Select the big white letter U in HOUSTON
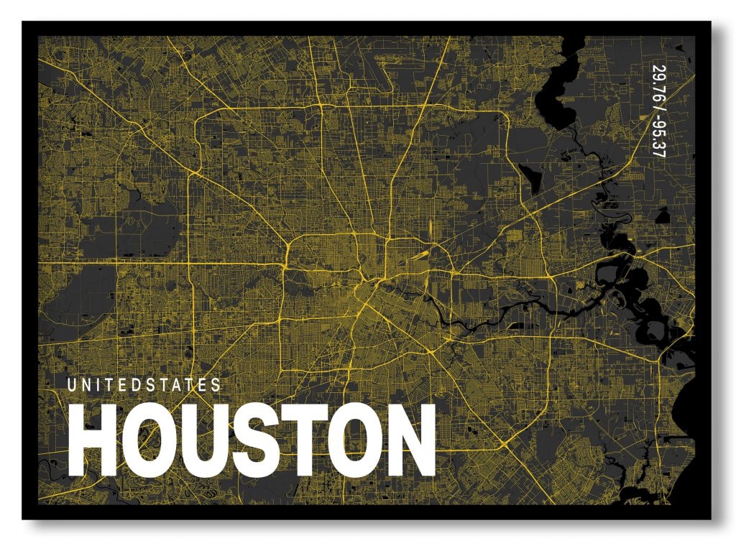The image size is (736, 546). pos(204,440)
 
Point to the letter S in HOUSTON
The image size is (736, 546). pos(255,440)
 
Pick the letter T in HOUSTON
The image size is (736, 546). pos(302,440)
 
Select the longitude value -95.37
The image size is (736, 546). pos(657,136)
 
